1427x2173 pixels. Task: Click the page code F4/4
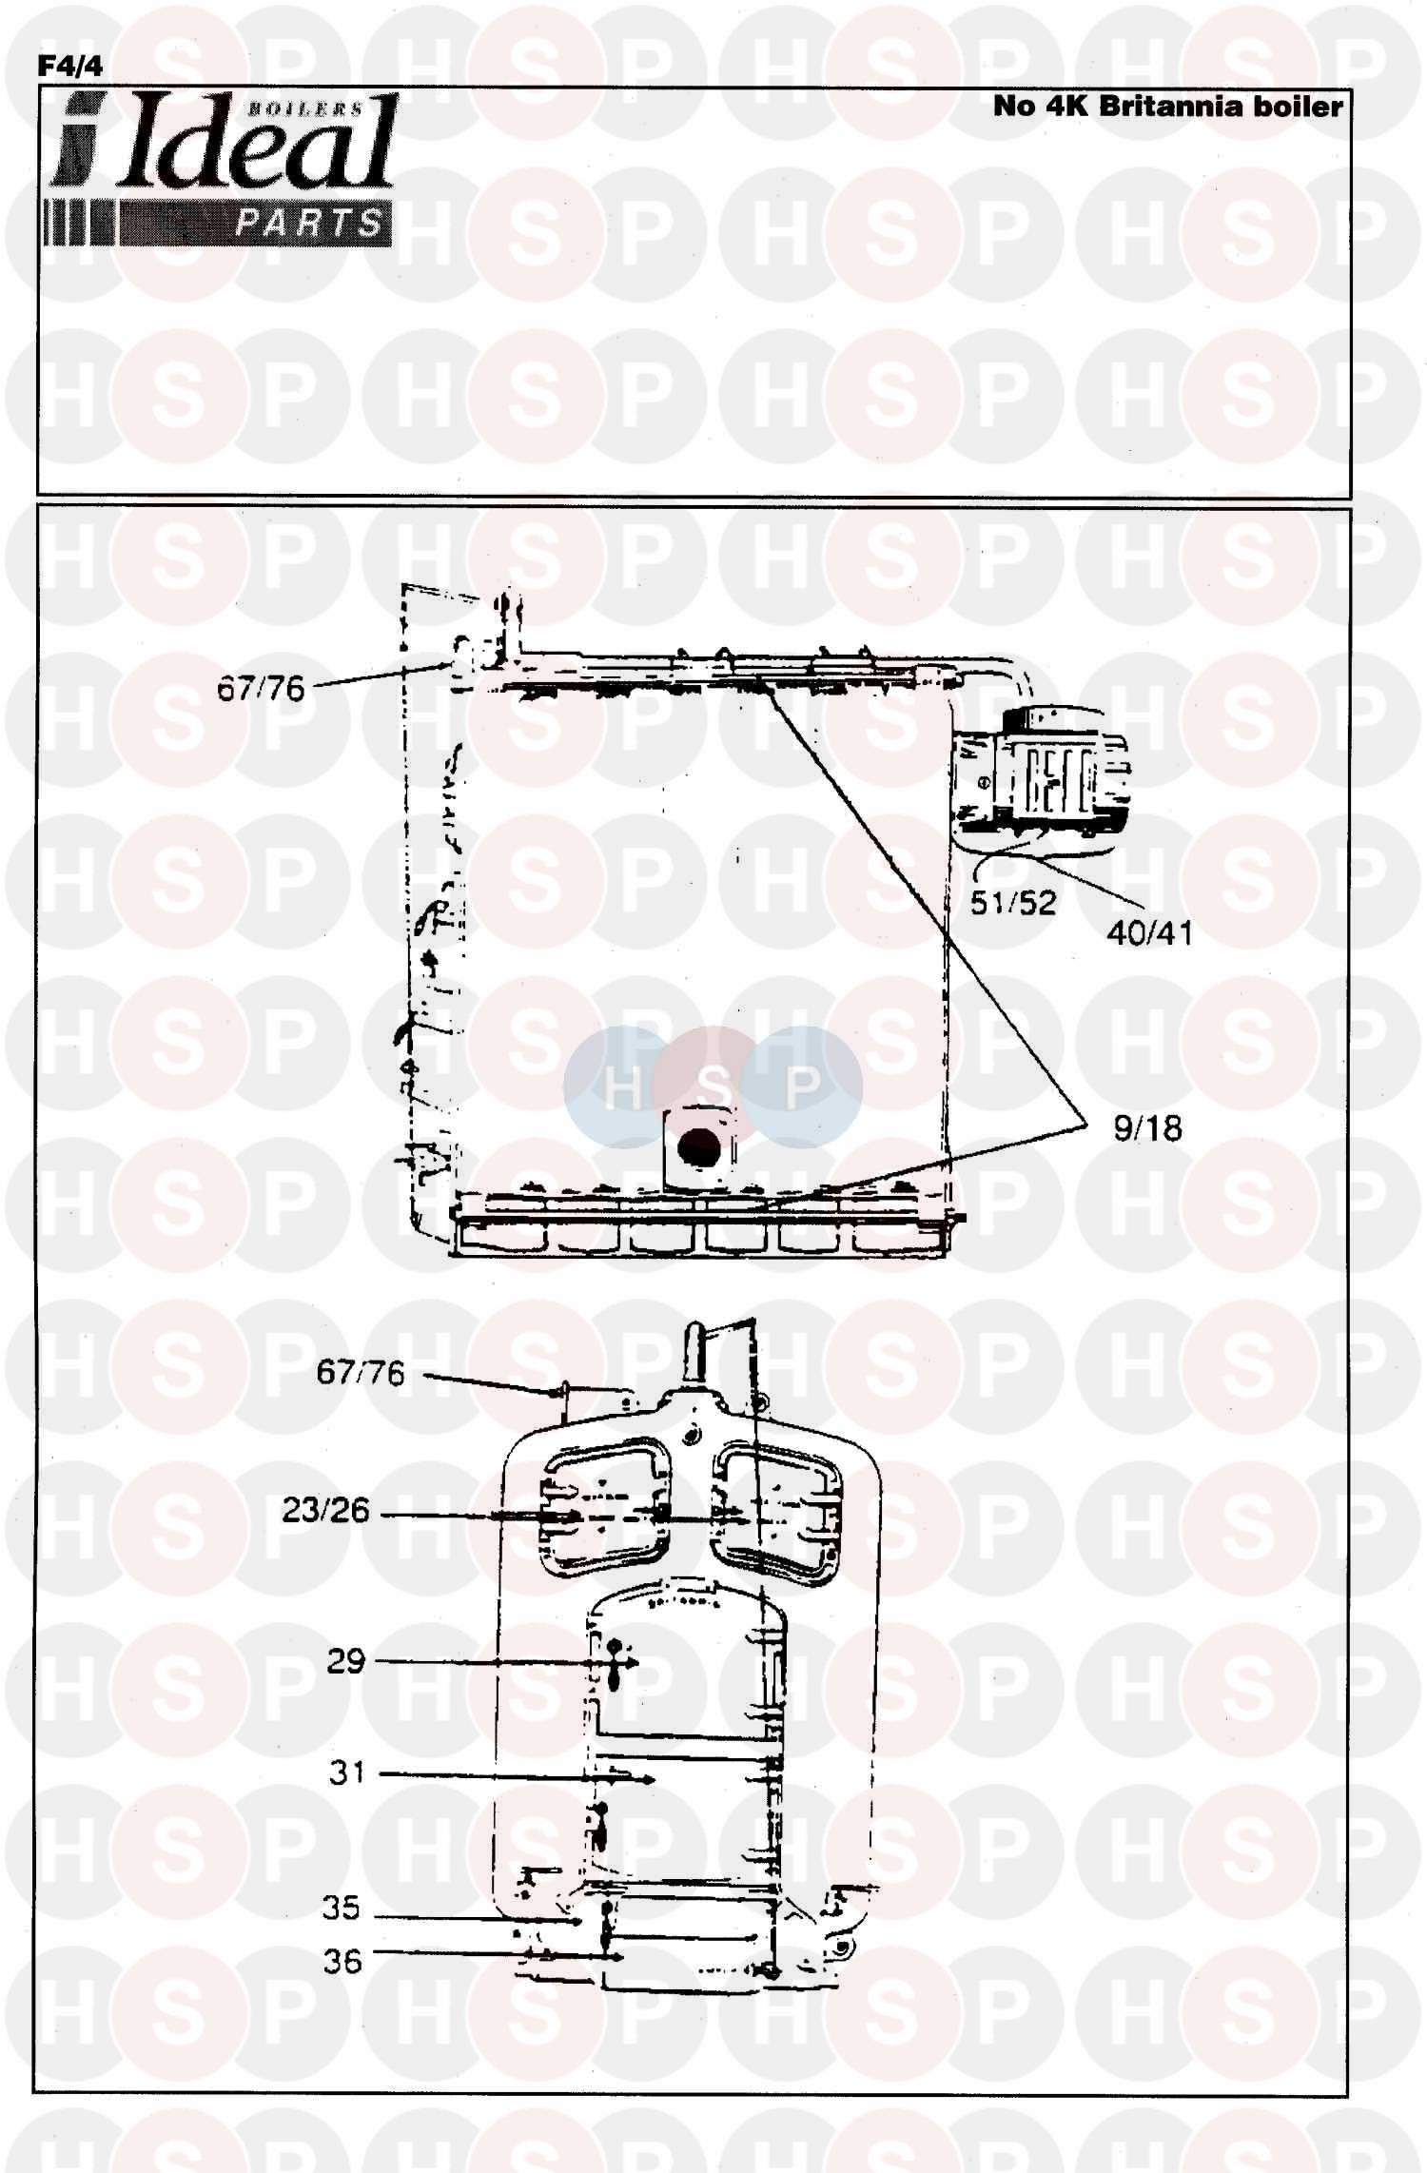[x=69, y=65]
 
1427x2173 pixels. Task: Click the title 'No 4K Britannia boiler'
[x=1167, y=106]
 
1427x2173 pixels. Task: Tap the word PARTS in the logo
[x=308, y=224]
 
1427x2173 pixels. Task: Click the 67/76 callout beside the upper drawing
[x=261, y=688]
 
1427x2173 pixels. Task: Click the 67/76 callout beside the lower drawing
[x=361, y=1373]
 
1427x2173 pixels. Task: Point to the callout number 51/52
[x=1013, y=902]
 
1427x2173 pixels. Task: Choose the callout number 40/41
[x=1149, y=931]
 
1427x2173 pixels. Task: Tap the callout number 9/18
[x=1147, y=1128]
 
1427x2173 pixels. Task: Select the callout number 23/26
[x=325, y=1510]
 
